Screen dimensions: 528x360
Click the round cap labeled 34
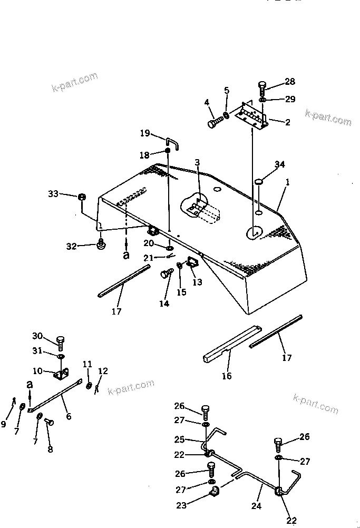coord(259,182)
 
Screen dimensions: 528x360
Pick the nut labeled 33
coord(82,197)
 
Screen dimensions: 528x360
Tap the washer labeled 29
coord(262,99)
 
